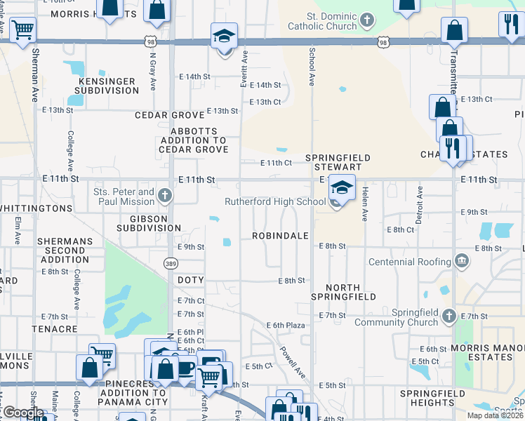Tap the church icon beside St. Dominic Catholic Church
[366, 20]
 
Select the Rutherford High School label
[275, 202]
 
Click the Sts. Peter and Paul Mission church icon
[165, 195]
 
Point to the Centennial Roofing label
[411, 262]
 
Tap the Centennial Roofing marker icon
[462, 262]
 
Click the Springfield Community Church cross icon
[449, 316]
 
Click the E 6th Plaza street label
[286, 325]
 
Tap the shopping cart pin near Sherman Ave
[23, 29]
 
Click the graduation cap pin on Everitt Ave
[225, 35]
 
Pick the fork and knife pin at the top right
[509, 25]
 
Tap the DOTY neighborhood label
[190, 280]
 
